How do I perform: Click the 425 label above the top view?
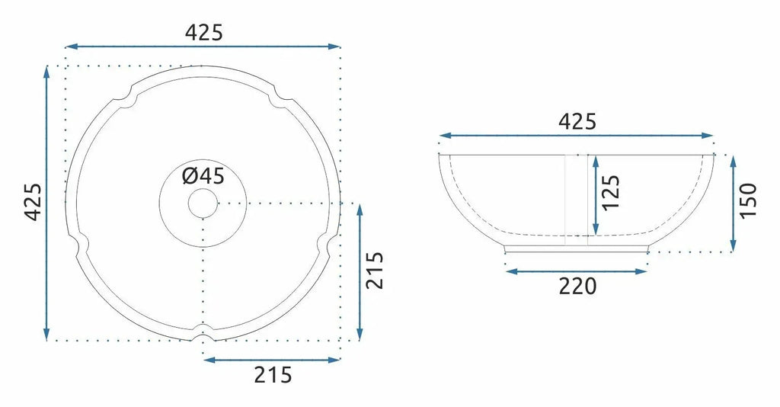(x=204, y=33)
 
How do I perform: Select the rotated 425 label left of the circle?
(x=34, y=202)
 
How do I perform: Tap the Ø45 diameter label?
(x=203, y=175)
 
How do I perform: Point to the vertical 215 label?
(x=375, y=270)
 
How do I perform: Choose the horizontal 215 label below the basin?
(x=273, y=375)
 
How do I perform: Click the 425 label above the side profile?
(x=577, y=121)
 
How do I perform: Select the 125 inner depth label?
(x=611, y=193)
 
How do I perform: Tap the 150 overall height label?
(x=748, y=200)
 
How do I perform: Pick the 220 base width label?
(x=577, y=286)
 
